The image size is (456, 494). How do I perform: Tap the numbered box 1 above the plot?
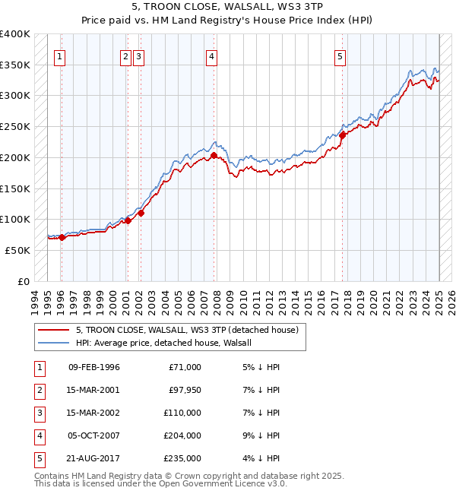pos(60,55)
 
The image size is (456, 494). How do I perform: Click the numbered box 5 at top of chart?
pos(340,55)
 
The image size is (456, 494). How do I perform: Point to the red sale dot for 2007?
pos(214,155)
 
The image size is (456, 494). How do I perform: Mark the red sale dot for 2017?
pos(343,135)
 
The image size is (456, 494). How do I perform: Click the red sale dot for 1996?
pos(62,237)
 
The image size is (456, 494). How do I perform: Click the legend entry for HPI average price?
pos(168,343)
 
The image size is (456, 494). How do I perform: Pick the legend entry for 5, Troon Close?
pos(190,330)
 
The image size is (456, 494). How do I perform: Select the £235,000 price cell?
pos(182,458)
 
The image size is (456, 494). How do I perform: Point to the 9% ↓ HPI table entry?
pos(260,435)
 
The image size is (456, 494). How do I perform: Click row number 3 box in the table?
pos(39,413)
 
